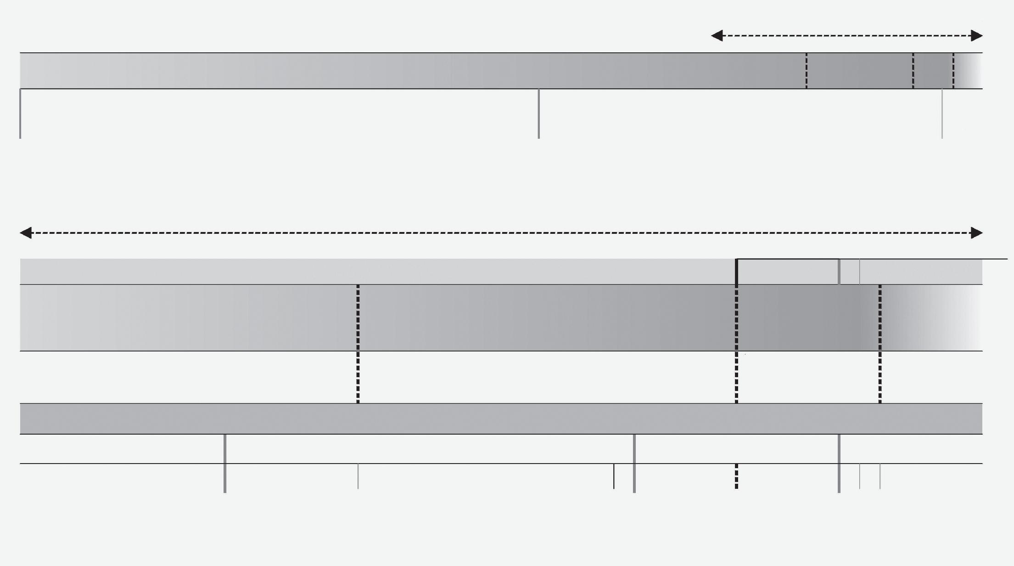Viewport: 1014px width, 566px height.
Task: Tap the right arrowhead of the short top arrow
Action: click(977, 35)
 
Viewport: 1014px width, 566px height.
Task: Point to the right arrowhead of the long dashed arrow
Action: click(977, 233)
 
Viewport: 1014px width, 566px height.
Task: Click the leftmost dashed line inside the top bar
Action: click(807, 71)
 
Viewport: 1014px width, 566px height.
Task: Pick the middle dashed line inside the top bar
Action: click(913, 71)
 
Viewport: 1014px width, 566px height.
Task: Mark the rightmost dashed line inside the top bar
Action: click(953, 71)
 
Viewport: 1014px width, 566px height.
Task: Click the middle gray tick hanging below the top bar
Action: click(538, 113)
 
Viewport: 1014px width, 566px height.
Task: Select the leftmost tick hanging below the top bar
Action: click(20, 113)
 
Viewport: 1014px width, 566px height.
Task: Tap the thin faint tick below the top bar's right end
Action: click(942, 113)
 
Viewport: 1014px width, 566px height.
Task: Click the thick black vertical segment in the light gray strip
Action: click(737, 272)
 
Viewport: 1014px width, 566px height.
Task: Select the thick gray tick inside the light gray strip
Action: click(839, 272)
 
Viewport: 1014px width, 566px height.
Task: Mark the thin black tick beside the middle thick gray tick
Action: click(614, 476)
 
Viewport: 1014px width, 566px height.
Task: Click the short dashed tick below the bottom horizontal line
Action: click(737, 476)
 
